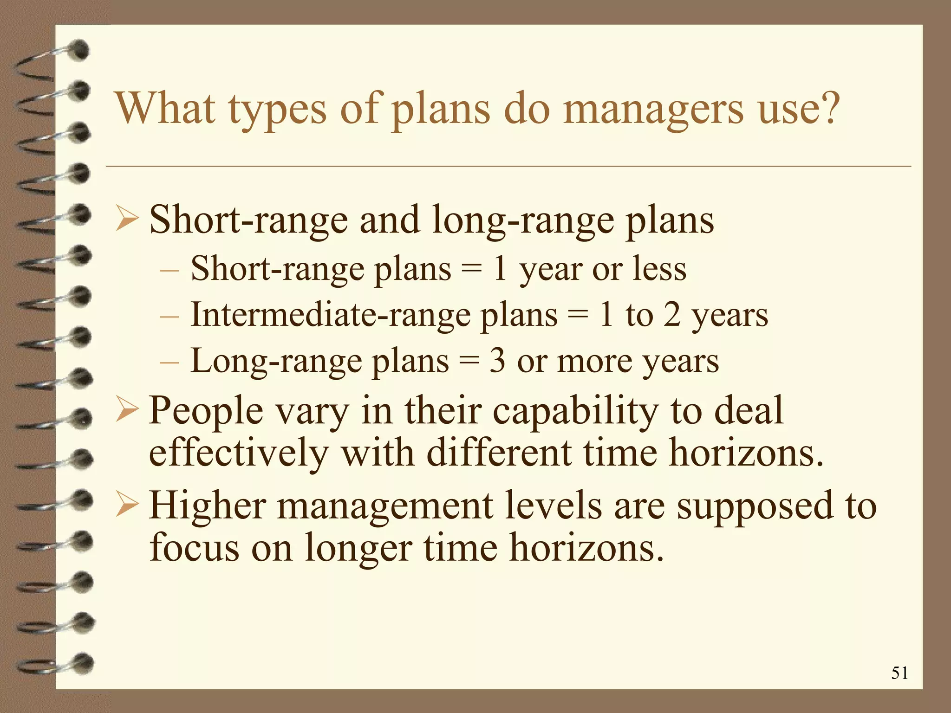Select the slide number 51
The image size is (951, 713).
pos(899,673)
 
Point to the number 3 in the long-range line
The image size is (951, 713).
pos(497,361)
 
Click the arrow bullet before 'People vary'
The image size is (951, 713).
pos(127,409)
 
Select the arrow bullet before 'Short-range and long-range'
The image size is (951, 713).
pos(127,219)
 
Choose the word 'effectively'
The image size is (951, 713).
pos(239,453)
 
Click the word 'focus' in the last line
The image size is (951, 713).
pos(194,547)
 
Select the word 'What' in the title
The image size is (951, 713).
pos(166,109)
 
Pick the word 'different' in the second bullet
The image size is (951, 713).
pos(499,453)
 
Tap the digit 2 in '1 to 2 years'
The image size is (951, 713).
pos(672,315)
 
